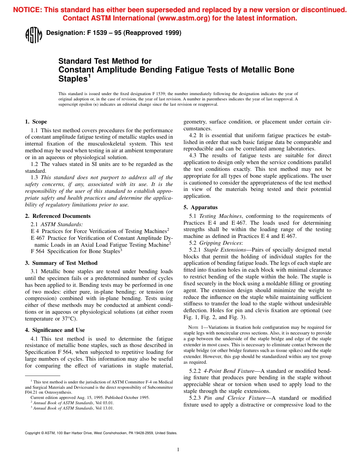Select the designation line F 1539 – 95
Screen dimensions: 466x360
114,33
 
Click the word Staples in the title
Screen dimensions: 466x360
73,79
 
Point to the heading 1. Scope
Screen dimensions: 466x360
36,122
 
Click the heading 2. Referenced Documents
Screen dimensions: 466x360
58,216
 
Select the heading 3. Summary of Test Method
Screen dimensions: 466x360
61,263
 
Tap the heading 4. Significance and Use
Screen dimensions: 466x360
55,330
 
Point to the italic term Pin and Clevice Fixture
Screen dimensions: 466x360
230,398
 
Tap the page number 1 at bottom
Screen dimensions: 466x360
178,450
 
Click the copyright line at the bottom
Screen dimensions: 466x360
101,433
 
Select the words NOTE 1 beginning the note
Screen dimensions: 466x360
197,327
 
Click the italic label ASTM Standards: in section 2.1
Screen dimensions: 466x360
61,224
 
